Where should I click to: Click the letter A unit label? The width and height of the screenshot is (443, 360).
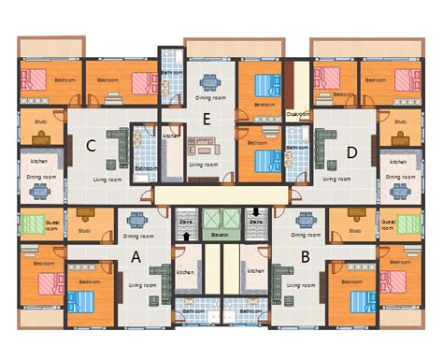click(136, 256)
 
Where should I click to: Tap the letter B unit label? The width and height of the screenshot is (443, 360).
click(306, 256)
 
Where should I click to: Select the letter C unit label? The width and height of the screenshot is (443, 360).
click(92, 145)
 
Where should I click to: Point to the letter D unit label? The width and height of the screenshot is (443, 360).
click(351, 151)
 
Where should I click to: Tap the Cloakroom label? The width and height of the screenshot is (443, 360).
click(298, 114)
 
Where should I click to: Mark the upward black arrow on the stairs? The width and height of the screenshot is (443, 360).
click(187, 237)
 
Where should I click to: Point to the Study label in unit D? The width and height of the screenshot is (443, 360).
click(401, 122)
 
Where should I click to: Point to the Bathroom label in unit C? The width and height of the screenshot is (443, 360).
click(145, 168)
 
